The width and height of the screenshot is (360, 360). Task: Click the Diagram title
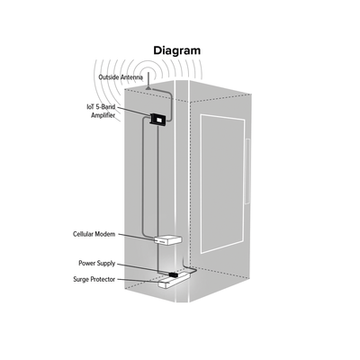176,50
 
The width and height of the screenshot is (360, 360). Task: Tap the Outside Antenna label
121,77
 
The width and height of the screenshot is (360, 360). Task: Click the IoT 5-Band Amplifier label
101,111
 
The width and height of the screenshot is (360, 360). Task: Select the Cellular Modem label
94,234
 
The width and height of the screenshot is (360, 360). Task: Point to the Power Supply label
96,264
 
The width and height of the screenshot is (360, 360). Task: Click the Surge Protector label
94,279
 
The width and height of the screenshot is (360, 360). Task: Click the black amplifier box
157,120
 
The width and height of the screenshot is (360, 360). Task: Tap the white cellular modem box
168,239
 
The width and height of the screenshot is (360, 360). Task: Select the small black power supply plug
174,274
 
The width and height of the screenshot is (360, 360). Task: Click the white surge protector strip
174,280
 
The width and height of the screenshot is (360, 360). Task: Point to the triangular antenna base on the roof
148,87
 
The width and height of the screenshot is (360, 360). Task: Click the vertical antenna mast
148,79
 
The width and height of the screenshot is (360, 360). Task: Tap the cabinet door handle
247,172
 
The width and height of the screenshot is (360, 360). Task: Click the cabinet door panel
222,184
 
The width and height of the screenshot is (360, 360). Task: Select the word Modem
105,234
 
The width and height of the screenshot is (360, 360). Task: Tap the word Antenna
131,77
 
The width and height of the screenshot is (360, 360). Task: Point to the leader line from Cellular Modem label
136,237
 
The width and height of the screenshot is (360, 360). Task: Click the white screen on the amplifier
158,121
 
